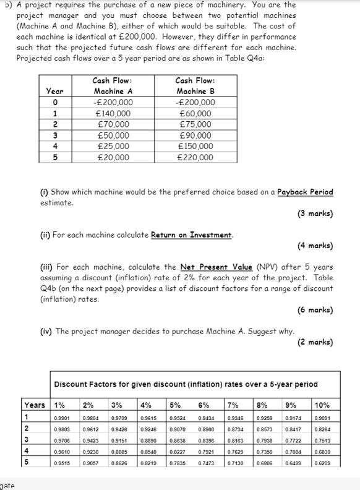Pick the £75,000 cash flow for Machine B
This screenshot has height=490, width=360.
(195, 124)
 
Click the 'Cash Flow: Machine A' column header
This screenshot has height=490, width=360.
(112, 86)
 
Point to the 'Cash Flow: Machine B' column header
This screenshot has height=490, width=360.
(195, 86)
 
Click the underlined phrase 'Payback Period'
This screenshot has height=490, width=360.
(305, 192)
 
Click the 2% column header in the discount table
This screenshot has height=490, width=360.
(88, 405)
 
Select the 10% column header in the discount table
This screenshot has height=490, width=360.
(322, 405)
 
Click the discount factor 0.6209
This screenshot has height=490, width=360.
(322, 462)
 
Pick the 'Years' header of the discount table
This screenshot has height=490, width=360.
(34, 405)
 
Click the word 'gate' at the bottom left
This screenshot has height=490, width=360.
(8, 485)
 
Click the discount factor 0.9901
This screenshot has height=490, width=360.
(62, 417)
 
